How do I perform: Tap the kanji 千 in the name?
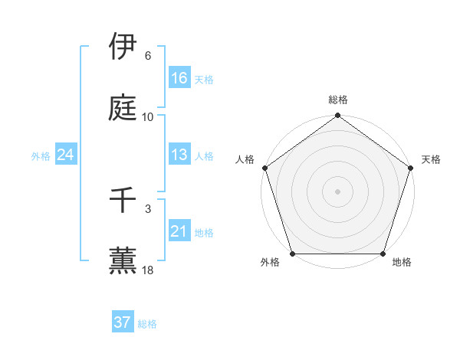click(123, 201)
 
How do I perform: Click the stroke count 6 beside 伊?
click(148, 56)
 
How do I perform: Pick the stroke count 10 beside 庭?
click(148, 117)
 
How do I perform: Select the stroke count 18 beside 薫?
click(148, 270)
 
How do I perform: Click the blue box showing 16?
click(179, 77)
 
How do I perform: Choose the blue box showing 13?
click(179, 155)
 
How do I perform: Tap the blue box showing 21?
click(179, 231)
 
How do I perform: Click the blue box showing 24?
click(66, 155)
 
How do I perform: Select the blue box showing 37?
click(123, 322)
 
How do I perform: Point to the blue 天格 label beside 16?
click(204, 79)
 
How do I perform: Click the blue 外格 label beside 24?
click(41, 156)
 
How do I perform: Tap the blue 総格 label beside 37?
click(147, 324)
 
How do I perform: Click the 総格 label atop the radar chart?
click(338, 100)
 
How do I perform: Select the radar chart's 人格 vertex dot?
click(265, 168)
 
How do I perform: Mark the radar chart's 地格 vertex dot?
click(383, 254)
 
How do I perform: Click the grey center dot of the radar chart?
click(338, 191)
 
